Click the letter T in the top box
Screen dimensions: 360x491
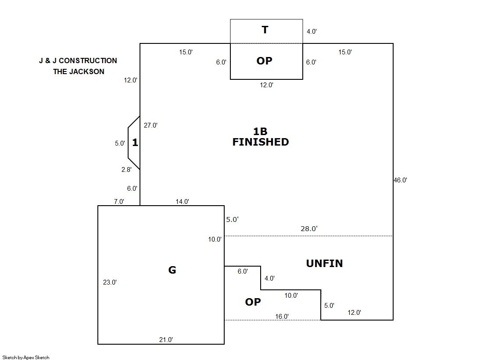[265, 30]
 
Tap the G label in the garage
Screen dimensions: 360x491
[172, 270]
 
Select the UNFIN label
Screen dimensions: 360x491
[324, 263]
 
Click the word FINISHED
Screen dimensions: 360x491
[261, 142]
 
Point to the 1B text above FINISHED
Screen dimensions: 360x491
[260, 131]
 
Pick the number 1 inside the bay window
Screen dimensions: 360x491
[135, 143]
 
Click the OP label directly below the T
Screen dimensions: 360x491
[264, 61]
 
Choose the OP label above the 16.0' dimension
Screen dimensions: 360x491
[253, 302]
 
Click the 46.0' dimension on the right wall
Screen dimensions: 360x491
[400, 180]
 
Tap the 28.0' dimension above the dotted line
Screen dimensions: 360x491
[309, 228]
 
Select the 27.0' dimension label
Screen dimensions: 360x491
[151, 125]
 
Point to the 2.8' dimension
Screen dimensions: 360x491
[127, 170]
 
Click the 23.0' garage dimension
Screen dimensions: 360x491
[110, 282]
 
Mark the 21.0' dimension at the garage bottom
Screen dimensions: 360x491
[166, 339]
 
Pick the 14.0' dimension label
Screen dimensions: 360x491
[182, 202]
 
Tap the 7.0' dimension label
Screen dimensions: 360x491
[118, 202]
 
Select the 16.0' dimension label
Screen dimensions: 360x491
[282, 317]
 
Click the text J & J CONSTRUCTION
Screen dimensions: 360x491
[78, 61]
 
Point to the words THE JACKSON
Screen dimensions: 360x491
[79, 71]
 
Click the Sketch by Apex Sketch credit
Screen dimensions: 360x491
[26, 357]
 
